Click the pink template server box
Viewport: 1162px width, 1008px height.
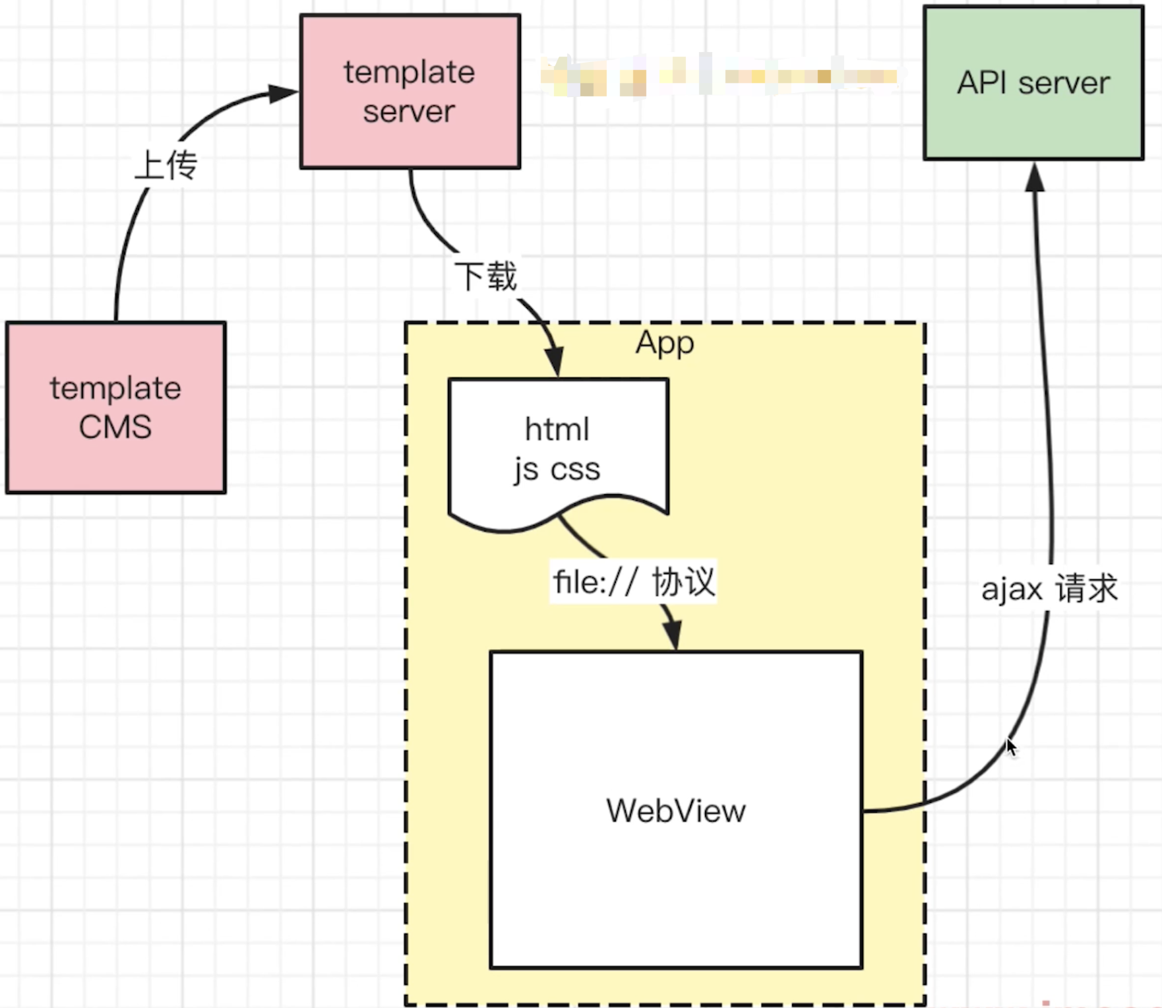pos(410,91)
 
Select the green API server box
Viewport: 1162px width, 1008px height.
pos(1033,83)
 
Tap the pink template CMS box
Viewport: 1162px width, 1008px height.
pos(115,407)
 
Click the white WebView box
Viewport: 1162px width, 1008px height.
pos(676,809)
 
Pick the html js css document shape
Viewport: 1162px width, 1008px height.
pos(558,449)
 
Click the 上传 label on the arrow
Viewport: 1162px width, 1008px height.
pos(166,165)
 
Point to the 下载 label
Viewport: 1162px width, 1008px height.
pos(486,276)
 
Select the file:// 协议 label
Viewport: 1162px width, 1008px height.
pos(634,582)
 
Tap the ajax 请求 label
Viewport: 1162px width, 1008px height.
pos(1049,588)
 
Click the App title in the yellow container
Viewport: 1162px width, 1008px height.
pos(665,343)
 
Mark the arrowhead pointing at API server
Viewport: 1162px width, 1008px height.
pos(1035,178)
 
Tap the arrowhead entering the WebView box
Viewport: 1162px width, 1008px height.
pos(672,635)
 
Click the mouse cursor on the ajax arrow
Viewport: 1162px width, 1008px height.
pos(1011,747)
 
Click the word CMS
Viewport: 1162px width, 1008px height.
pos(115,427)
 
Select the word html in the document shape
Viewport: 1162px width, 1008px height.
pos(557,429)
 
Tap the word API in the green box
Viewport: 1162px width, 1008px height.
pos(981,83)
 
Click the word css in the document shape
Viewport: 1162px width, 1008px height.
pos(575,470)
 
